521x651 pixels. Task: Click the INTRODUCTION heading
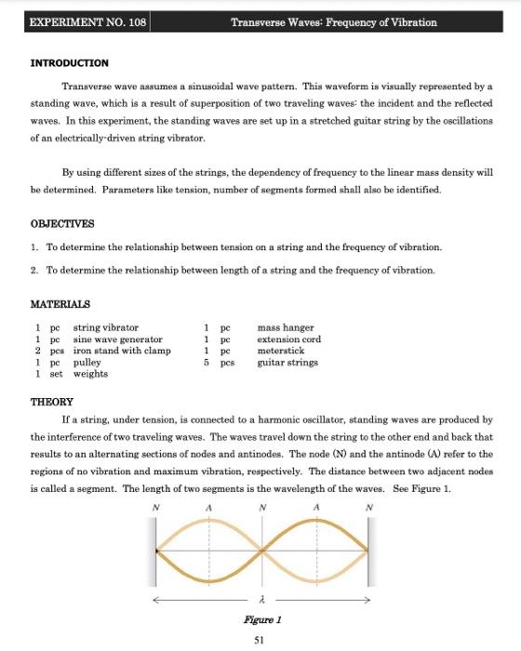pos(69,62)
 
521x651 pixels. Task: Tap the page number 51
pos(260,640)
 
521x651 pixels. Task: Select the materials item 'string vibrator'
pos(105,327)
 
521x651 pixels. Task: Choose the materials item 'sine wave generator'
pos(117,339)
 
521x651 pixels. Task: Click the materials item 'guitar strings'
pos(287,363)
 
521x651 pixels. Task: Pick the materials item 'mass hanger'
pos(285,327)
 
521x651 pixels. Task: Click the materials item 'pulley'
pos(87,363)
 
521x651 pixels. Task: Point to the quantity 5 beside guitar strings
pos(206,363)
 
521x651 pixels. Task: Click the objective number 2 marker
pos(33,270)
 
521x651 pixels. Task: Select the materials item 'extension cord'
pos(288,339)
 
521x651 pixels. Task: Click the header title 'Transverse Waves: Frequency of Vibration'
pos(333,21)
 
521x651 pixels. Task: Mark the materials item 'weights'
pos(90,374)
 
